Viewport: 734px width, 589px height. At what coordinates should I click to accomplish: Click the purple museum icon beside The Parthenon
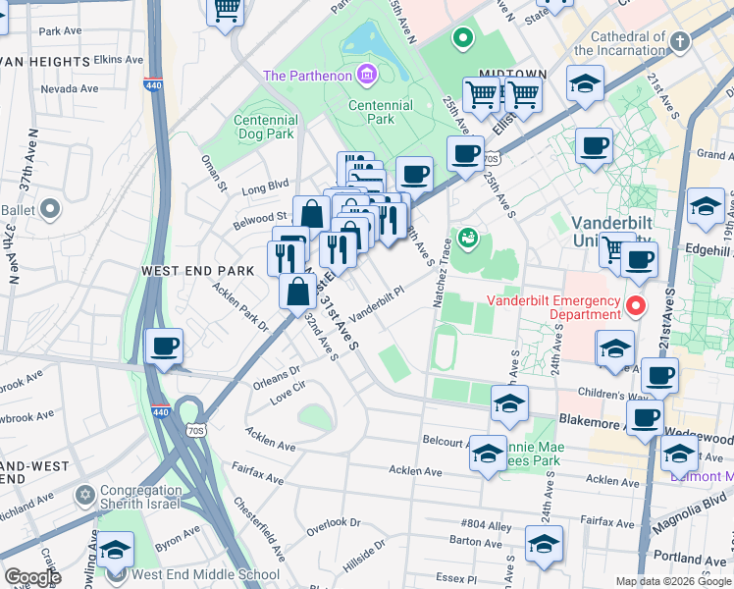(x=367, y=74)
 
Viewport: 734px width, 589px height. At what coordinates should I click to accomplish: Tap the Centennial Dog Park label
(x=265, y=127)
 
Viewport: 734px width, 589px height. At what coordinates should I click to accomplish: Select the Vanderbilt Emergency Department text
(x=555, y=307)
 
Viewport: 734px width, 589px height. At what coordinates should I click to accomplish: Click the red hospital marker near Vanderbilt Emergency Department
(x=636, y=306)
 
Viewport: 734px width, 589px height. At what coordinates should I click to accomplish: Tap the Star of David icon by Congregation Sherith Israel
(x=85, y=492)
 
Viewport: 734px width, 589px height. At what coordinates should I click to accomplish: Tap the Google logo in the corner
(x=31, y=576)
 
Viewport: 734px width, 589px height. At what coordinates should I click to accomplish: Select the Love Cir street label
(x=288, y=395)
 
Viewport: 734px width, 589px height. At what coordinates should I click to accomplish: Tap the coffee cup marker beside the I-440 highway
(x=164, y=347)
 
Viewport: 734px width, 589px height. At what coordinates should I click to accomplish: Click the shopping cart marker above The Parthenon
(x=227, y=10)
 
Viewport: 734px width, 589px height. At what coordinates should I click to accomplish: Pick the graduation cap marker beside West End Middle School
(x=115, y=552)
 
